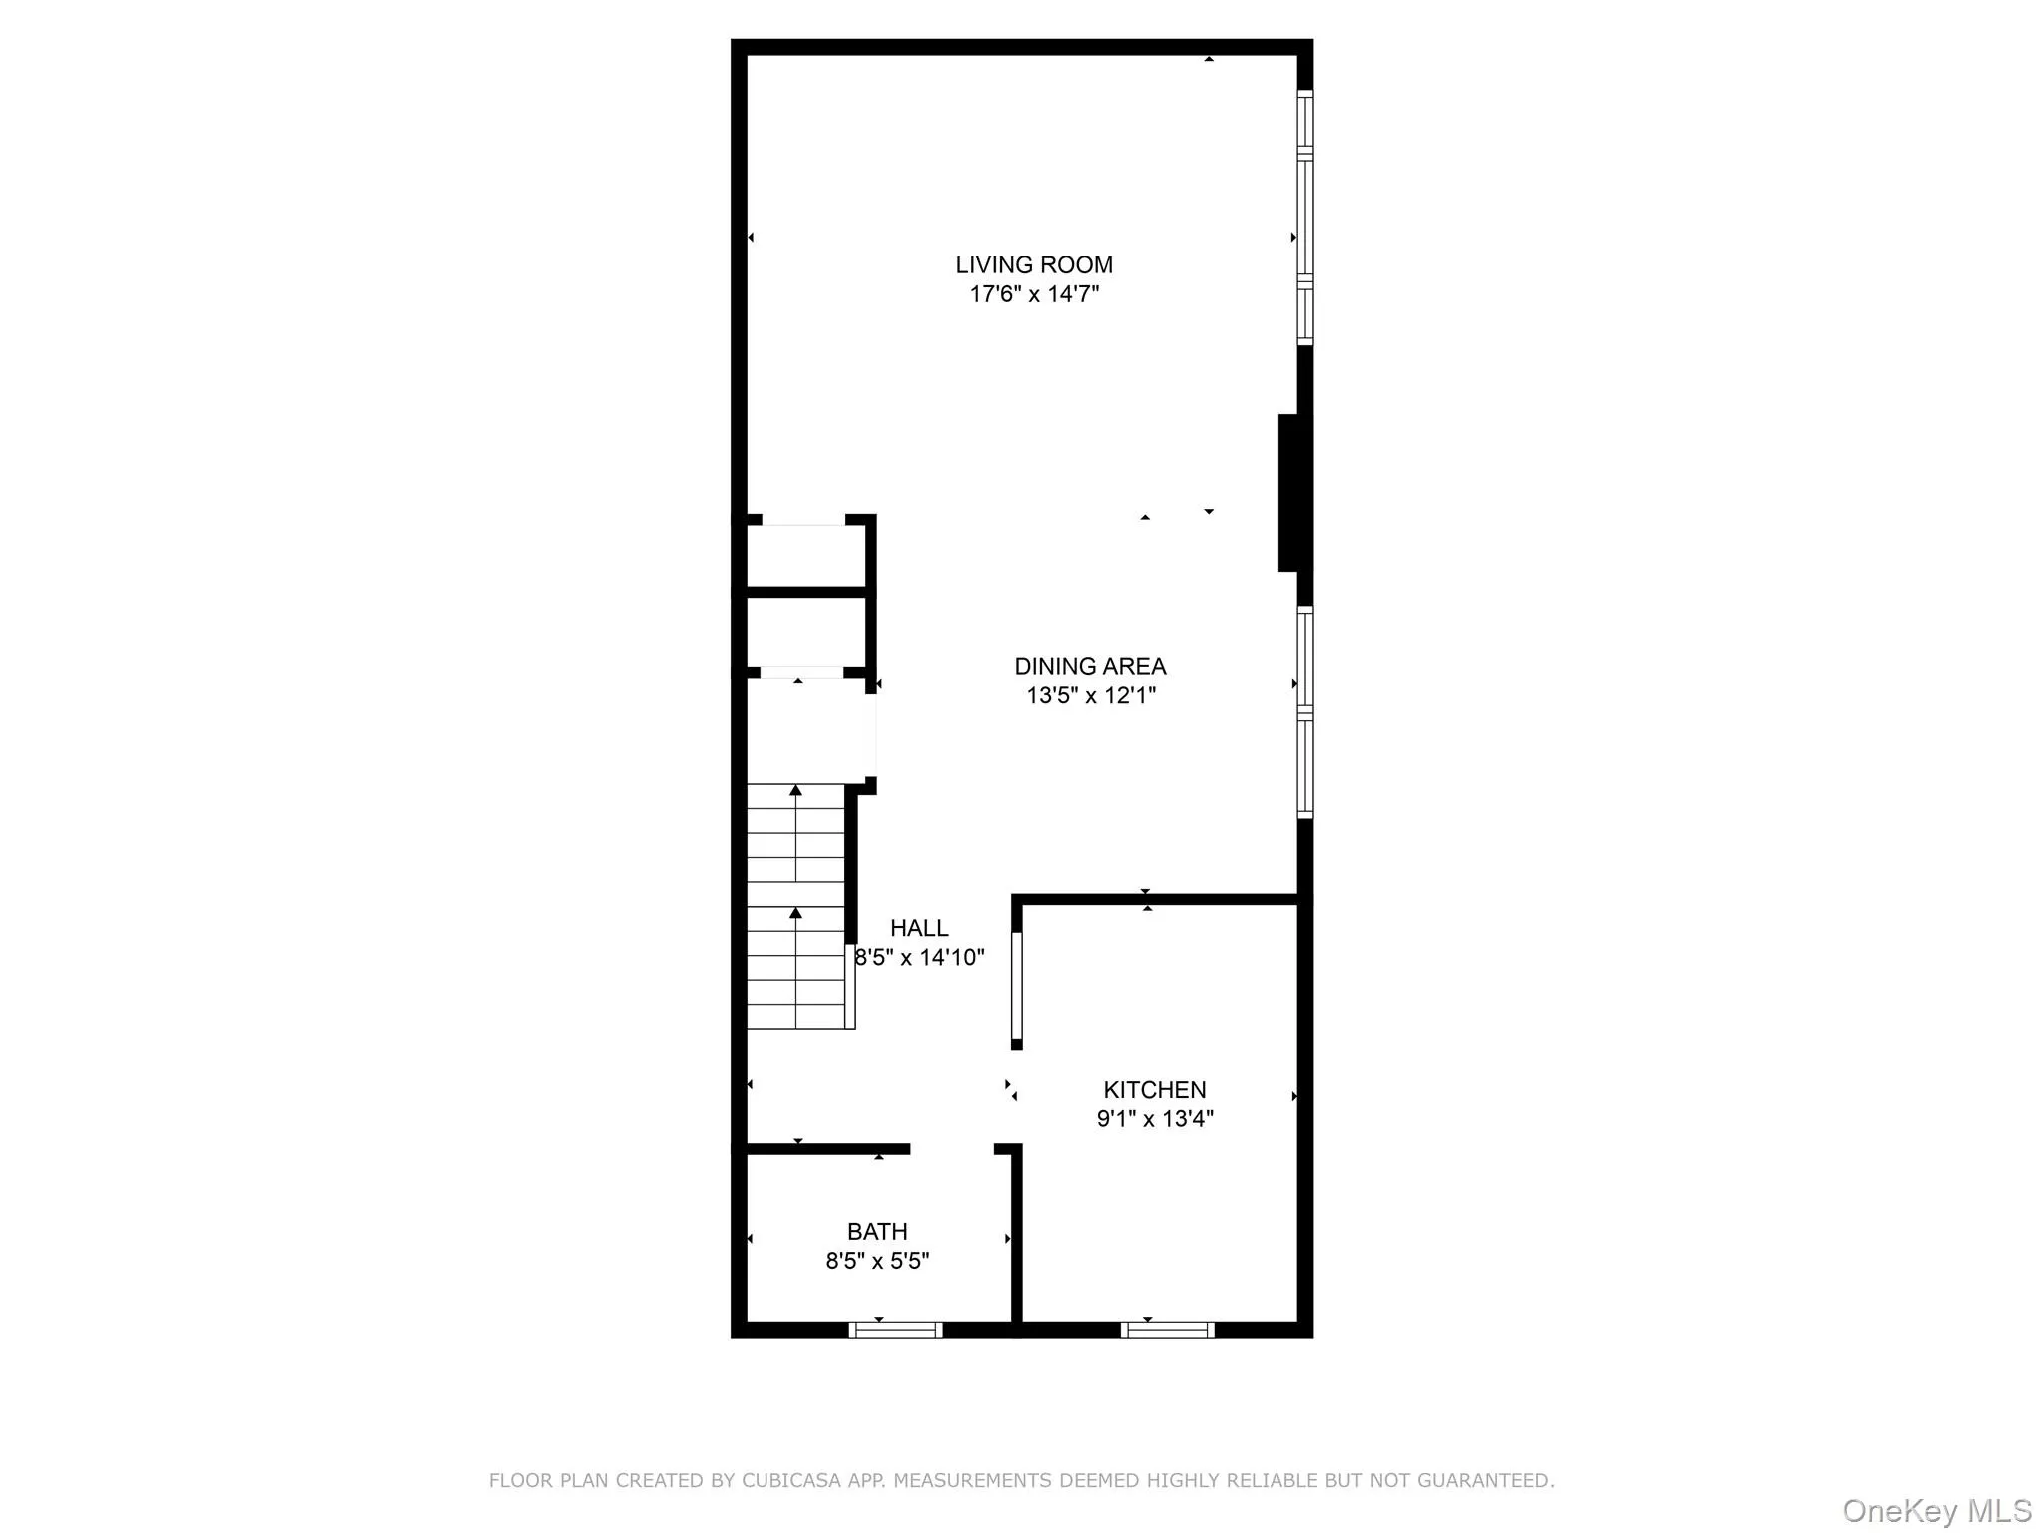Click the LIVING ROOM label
click(x=1033, y=264)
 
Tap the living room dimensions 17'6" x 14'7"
click(x=1033, y=294)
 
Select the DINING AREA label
click(x=1090, y=666)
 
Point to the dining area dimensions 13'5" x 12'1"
click(x=1090, y=695)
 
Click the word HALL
click(x=919, y=928)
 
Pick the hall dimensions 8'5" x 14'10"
click(x=919, y=957)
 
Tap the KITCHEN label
click(x=1154, y=1089)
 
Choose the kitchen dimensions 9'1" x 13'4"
click(x=1154, y=1118)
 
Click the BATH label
click(x=877, y=1231)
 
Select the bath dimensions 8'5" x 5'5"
click(x=877, y=1261)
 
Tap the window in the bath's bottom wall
click(x=895, y=1329)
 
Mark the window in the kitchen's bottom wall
click(x=1167, y=1329)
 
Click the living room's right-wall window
click(x=1304, y=217)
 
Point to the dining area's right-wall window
click(x=1304, y=712)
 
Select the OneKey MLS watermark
click(x=1936, y=1510)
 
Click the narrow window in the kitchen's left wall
click(x=1017, y=986)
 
